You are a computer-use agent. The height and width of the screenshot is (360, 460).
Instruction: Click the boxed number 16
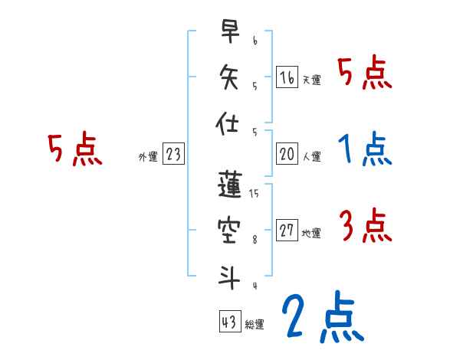pos(287,77)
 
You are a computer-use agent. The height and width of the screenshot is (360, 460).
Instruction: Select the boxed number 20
pos(287,154)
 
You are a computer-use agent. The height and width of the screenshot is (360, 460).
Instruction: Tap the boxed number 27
pos(287,231)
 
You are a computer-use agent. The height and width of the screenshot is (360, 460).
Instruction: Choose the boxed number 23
pos(173,154)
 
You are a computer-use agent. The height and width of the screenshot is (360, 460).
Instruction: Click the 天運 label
pos(311,80)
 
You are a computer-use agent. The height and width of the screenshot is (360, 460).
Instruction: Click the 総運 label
pos(255,325)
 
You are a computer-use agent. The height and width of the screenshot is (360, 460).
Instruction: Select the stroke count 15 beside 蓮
pos(255,195)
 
